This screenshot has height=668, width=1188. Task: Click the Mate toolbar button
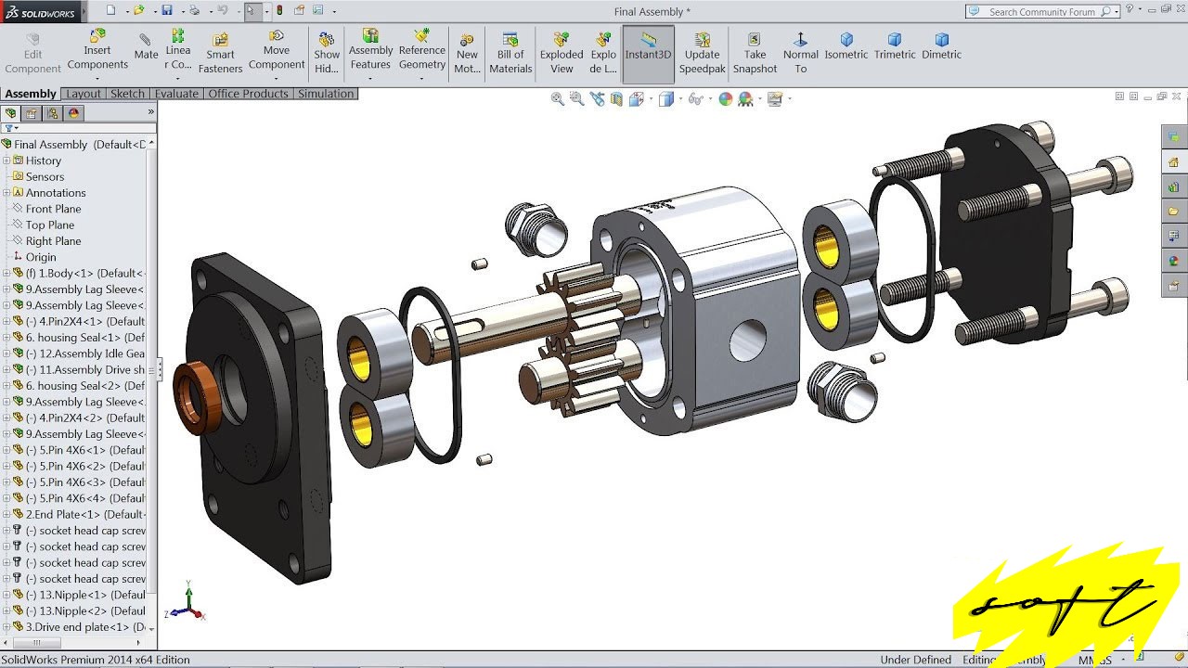tap(146, 47)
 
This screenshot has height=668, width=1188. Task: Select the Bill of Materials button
tap(510, 53)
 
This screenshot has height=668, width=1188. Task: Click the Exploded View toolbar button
tap(562, 53)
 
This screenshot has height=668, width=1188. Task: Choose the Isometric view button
tap(846, 46)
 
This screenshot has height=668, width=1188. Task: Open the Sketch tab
tap(127, 94)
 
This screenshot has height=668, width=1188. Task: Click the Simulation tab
tap(325, 94)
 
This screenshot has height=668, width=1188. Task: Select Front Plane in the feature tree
tap(53, 209)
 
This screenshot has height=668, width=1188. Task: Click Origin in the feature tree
tap(41, 257)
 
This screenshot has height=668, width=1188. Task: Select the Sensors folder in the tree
tap(45, 176)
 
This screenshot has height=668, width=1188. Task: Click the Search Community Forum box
tap(1042, 12)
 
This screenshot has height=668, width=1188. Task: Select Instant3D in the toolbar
tap(648, 53)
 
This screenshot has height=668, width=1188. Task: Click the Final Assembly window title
tap(652, 12)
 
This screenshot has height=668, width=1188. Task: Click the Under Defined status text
tap(915, 660)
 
